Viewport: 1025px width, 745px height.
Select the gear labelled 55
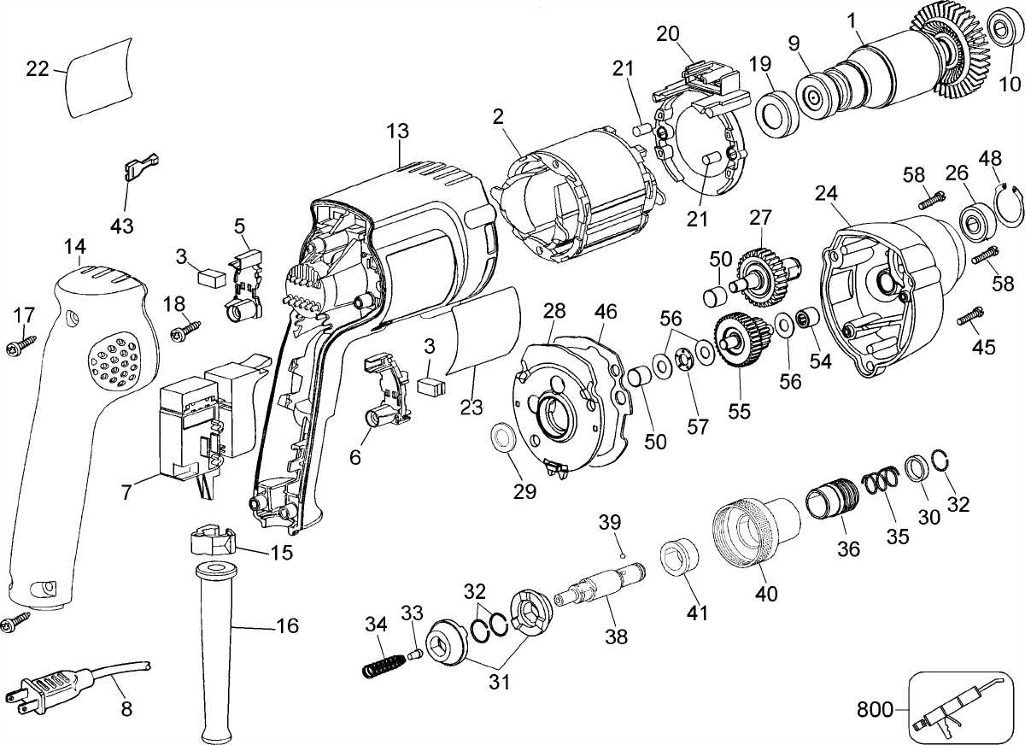click(735, 341)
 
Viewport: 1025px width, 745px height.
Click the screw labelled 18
click(185, 327)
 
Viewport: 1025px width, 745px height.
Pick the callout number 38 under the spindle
click(615, 636)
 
